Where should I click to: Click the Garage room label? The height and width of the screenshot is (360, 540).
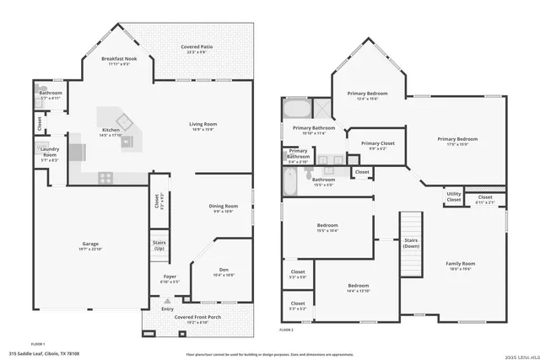click(x=90, y=244)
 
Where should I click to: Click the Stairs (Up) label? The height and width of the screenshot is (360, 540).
click(x=159, y=247)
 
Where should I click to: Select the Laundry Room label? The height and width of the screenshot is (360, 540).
click(x=49, y=153)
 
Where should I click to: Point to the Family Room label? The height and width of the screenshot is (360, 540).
click(x=461, y=266)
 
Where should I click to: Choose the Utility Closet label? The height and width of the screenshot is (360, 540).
click(x=453, y=198)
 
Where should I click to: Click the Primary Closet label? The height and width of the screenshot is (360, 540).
click(x=376, y=145)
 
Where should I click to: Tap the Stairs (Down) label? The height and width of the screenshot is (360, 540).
click(x=411, y=243)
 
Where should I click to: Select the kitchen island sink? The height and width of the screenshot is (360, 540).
click(x=127, y=141)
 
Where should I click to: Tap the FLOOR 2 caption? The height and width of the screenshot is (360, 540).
click(x=286, y=330)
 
